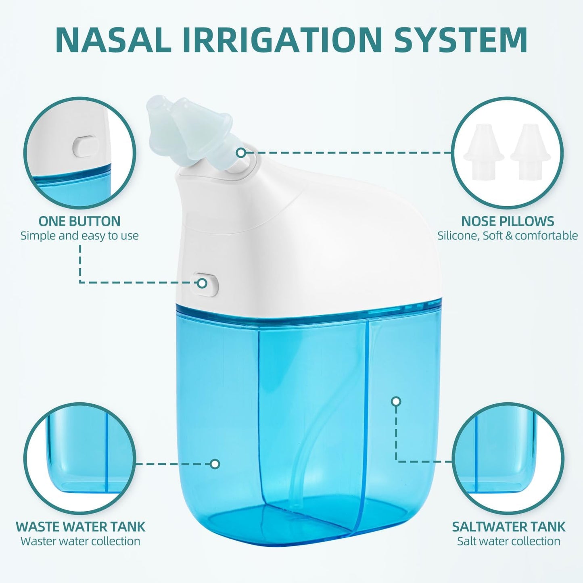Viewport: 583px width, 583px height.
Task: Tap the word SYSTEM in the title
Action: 461,39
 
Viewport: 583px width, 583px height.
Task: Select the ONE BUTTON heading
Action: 79,221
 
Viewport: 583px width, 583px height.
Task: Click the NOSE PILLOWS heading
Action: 508,221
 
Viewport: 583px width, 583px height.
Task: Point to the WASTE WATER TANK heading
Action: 80,527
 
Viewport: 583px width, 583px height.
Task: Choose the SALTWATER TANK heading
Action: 508,527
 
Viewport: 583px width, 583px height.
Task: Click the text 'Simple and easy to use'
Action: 79,236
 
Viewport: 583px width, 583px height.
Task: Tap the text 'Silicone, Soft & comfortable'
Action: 508,236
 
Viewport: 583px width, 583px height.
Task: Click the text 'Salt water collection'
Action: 508,541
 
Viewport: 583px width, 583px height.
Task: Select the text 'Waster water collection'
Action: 80,541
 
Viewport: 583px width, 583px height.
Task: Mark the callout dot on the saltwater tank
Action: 396,401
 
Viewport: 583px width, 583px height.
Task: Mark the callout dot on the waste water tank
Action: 215,464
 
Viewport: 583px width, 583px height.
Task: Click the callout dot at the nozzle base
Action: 241,153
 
